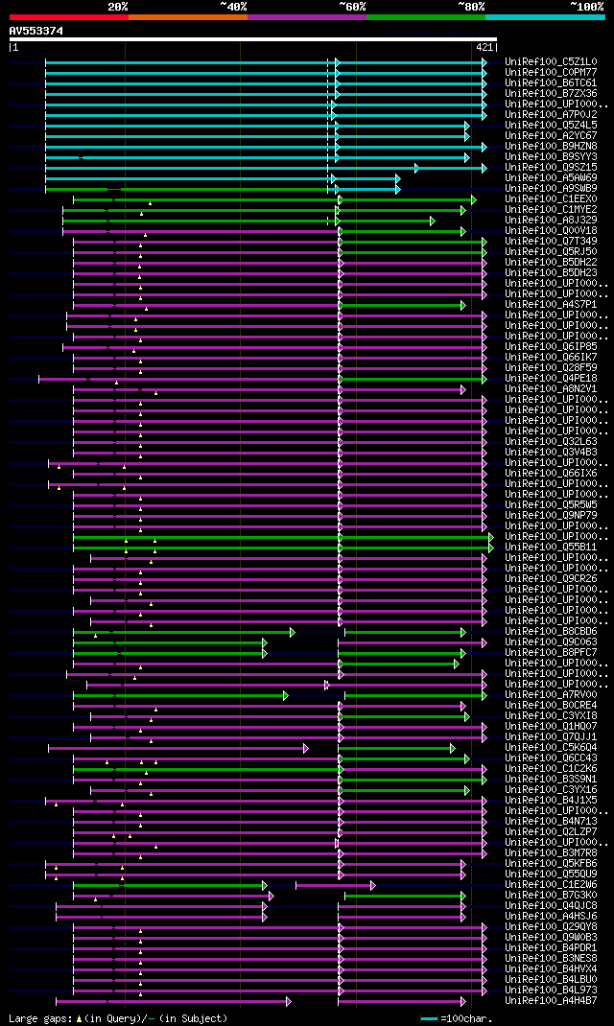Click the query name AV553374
(36, 31)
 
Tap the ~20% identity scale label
(117, 7)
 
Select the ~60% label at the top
(351, 7)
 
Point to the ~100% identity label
(586, 7)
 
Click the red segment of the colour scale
(68, 17)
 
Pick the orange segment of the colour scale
(187, 17)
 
